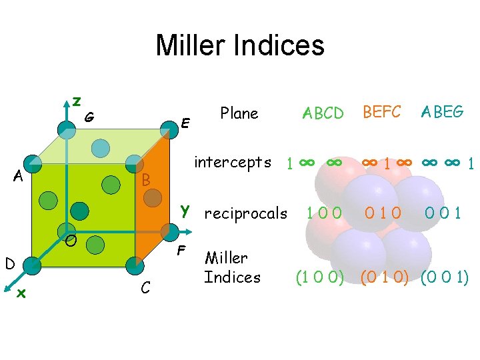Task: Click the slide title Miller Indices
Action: pyautogui.click(x=240, y=45)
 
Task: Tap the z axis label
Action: pyautogui.click(x=77, y=101)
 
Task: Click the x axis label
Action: pyautogui.click(x=21, y=292)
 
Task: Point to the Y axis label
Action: pyautogui.click(x=185, y=212)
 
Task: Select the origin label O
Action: pyautogui.click(x=70, y=239)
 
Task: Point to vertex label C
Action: pyautogui.click(x=145, y=288)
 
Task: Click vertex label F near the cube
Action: pyautogui.click(x=180, y=252)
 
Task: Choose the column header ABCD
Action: pyautogui.click(x=323, y=113)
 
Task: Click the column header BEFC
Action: pyautogui.click(x=381, y=112)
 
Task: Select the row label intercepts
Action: pyautogui.click(x=232, y=162)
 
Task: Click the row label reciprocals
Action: pyautogui.click(x=245, y=214)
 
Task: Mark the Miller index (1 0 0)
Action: pyautogui.click(x=320, y=276)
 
